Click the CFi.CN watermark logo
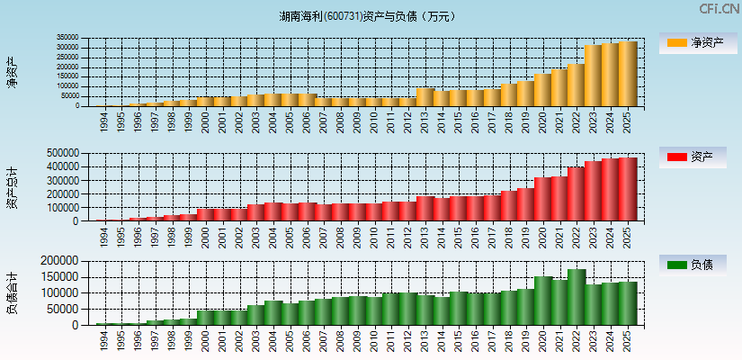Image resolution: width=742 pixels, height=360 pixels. [x=720, y=9]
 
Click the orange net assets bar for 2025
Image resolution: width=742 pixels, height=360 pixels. [x=627, y=74]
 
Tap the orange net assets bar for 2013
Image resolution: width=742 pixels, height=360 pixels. [x=425, y=96]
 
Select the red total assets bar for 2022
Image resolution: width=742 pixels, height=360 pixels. [x=576, y=193]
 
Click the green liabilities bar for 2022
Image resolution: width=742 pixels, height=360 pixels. [x=576, y=297]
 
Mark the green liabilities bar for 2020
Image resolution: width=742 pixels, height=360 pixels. [x=542, y=301]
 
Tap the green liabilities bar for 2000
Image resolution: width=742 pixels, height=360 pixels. [x=205, y=318]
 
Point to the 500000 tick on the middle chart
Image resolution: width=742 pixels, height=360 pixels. [x=63, y=153]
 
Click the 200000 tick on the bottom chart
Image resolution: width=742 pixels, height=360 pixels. [x=63, y=261]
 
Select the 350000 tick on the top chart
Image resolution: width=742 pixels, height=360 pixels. [x=67, y=38]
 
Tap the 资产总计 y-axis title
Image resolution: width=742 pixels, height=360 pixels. [x=12, y=187]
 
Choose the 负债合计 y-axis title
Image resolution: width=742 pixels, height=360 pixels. [x=12, y=293]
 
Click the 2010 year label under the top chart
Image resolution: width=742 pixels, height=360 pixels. [x=374, y=121]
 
